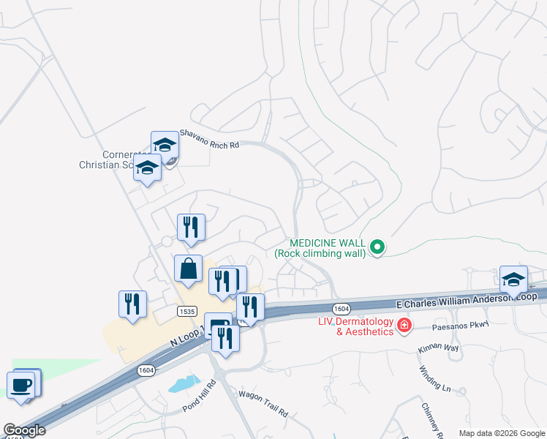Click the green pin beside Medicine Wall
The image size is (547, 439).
[377, 248]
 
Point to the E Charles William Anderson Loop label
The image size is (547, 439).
[466, 300]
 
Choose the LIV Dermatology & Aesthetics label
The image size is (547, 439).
[355, 327]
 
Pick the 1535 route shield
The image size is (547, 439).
[186, 311]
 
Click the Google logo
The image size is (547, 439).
[24, 430]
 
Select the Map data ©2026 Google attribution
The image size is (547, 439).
[501, 433]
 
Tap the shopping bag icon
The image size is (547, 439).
[189, 269]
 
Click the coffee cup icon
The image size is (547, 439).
[20, 384]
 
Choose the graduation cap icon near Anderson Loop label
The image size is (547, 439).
[513, 279]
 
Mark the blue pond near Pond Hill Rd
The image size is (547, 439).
[184, 383]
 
